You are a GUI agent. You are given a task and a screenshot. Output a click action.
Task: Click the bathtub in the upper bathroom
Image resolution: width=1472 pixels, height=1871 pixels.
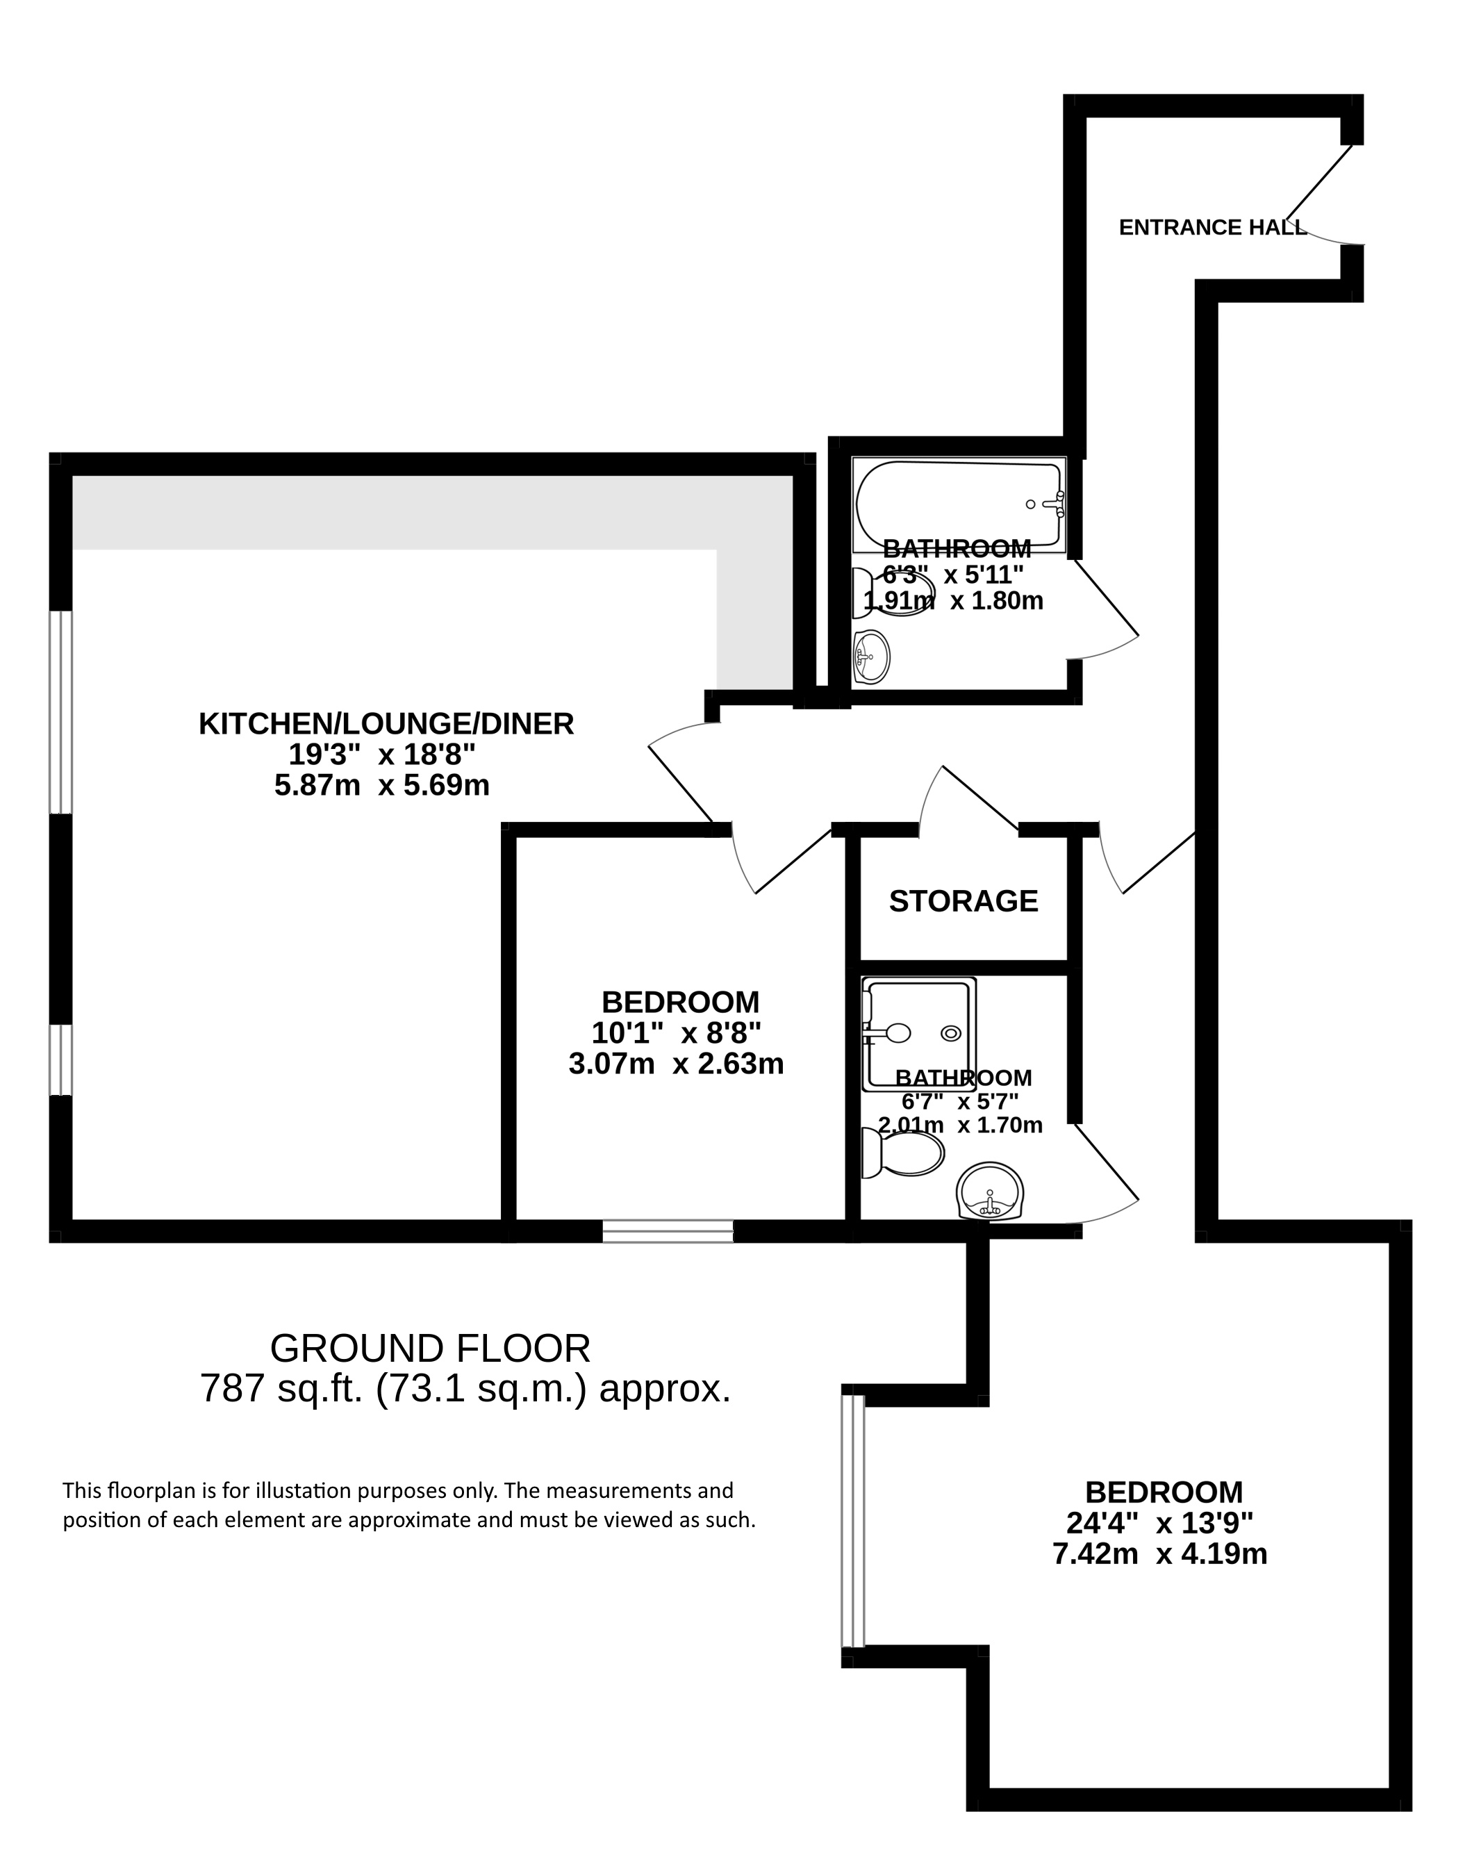pos(959,505)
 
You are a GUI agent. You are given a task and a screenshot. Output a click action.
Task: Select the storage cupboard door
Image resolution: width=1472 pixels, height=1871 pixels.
pos(970,797)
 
